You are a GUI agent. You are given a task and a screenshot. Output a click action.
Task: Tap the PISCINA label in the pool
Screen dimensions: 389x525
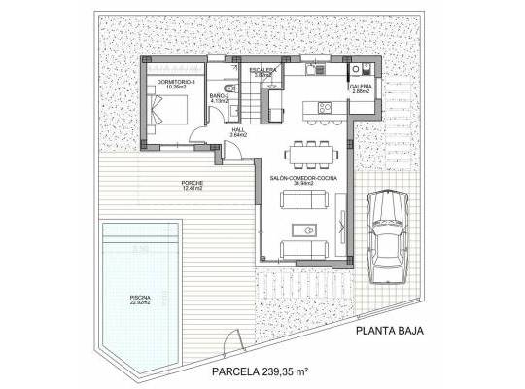(142, 301)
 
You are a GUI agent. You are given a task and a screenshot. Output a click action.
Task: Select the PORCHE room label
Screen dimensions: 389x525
(191, 185)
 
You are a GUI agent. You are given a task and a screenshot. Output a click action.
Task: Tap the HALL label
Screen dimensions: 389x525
(237, 132)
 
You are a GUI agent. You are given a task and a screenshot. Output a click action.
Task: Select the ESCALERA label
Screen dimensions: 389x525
(263, 72)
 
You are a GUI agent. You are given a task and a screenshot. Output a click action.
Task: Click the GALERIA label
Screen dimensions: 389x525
(362, 88)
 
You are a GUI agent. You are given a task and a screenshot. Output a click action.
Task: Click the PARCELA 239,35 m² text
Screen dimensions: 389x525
(259, 372)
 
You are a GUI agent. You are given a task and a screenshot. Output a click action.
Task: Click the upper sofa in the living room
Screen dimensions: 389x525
(307, 201)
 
